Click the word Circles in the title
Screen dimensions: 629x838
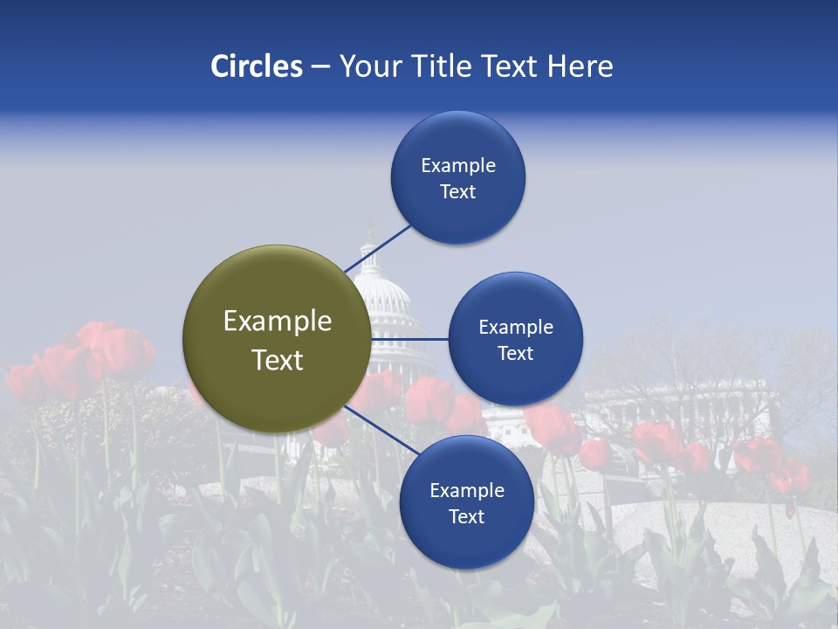(x=257, y=66)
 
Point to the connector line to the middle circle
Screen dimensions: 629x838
(x=410, y=339)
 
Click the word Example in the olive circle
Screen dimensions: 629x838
(x=278, y=321)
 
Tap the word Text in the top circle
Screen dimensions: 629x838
(x=457, y=192)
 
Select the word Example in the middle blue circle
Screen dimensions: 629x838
(x=515, y=328)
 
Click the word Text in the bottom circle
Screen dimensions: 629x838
(x=466, y=517)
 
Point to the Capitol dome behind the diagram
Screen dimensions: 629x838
(x=381, y=288)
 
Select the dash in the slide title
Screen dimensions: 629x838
(x=320, y=67)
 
